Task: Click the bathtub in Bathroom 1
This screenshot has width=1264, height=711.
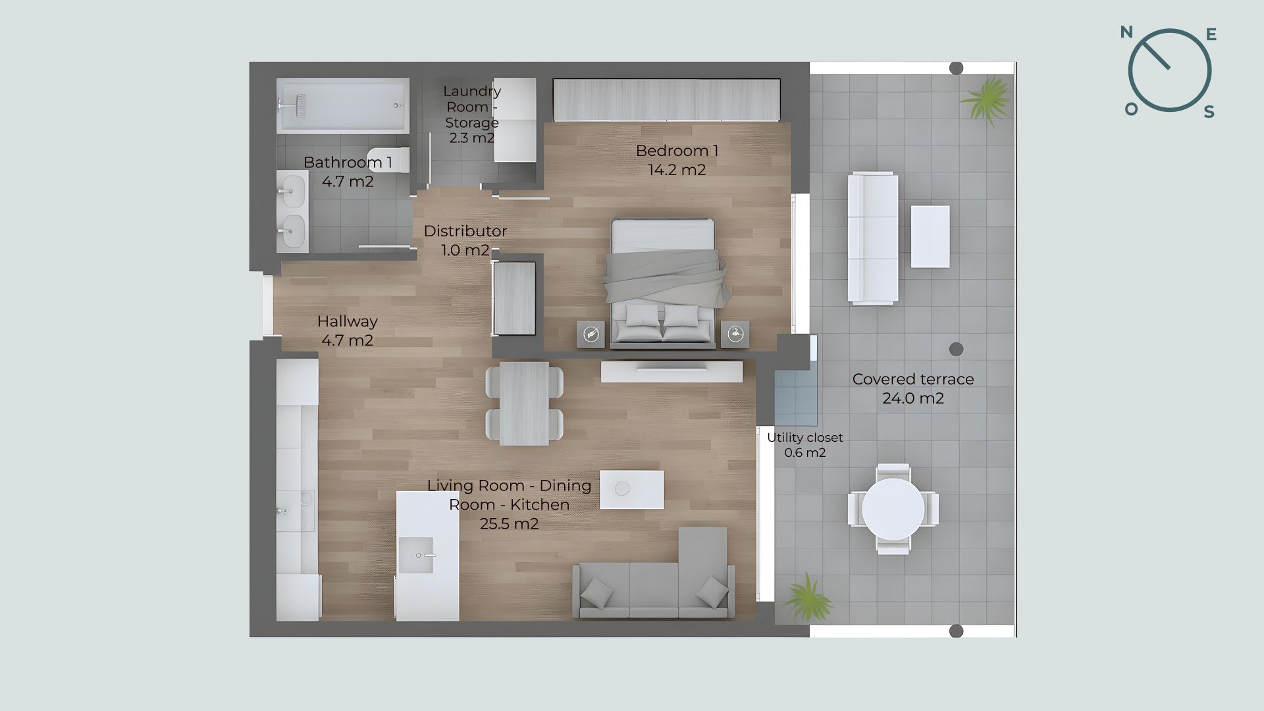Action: click(x=342, y=106)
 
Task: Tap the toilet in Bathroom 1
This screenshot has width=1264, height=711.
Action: click(x=388, y=160)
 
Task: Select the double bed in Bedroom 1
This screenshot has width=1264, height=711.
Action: click(x=664, y=283)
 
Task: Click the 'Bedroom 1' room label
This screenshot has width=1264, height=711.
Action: click(x=677, y=151)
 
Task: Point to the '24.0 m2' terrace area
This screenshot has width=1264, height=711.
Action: click(x=913, y=398)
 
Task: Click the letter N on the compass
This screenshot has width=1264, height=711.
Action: click(x=1126, y=32)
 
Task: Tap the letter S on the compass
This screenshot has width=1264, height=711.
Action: click(x=1209, y=112)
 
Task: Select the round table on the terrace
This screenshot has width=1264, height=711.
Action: click(x=893, y=509)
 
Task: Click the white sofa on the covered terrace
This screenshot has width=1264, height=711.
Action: click(x=873, y=238)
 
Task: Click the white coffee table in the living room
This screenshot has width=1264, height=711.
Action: click(x=632, y=489)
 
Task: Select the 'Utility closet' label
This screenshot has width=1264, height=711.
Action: click(x=804, y=437)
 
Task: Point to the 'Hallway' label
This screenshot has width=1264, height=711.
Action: click(x=347, y=321)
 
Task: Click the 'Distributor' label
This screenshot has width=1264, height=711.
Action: click(x=465, y=231)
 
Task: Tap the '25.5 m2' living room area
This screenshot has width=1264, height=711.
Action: click(x=509, y=524)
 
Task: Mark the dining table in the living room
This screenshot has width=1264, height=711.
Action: click(x=524, y=404)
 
